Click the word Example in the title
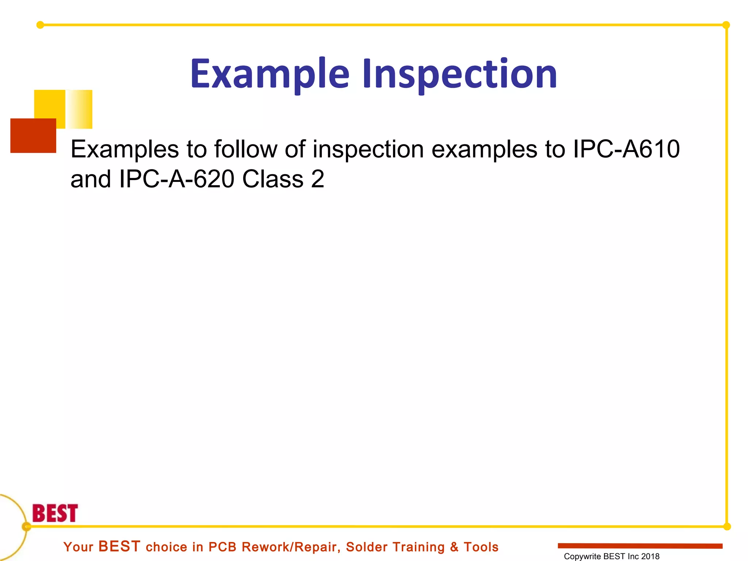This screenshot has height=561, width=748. (x=270, y=74)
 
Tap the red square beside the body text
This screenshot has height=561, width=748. (x=33, y=136)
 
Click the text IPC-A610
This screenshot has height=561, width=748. (x=626, y=149)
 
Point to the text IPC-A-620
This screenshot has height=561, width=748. (x=176, y=179)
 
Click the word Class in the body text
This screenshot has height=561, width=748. (x=273, y=179)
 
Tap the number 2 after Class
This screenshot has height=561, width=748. (x=317, y=179)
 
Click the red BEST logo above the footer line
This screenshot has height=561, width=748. (x=55, y=513)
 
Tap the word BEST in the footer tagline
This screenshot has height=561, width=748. (x=119, y=546)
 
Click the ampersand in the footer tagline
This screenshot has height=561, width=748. (x=454, y=547)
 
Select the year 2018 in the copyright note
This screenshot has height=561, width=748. (x=650, y=556)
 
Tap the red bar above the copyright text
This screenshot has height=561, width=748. (x=640, y=546)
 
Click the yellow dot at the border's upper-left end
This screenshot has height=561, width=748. (x=40, y=25)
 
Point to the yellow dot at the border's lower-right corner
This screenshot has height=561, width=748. (x=727, y=526)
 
